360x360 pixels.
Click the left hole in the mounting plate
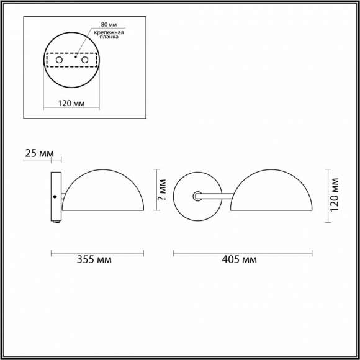[60, 61]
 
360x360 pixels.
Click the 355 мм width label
[96, 260]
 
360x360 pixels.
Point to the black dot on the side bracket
[55, 197]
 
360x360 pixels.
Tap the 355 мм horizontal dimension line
[96, 253]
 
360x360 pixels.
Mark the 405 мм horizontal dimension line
[243, 253]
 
